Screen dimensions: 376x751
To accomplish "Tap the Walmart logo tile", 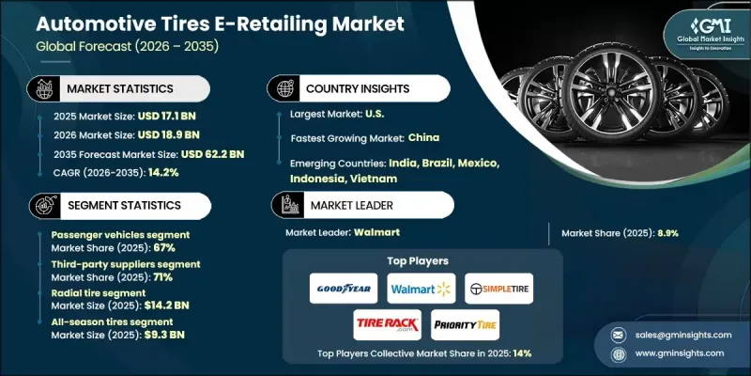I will [414, 288].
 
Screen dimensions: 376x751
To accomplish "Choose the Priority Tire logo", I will [465, 325].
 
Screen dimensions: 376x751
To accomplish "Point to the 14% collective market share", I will [522, 352].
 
